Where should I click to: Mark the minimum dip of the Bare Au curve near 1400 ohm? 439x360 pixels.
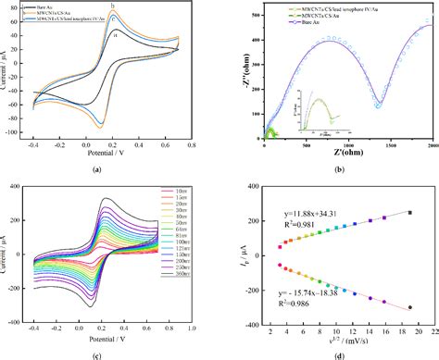381,104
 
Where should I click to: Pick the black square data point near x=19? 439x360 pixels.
408,213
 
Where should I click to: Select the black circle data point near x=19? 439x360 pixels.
408,307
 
